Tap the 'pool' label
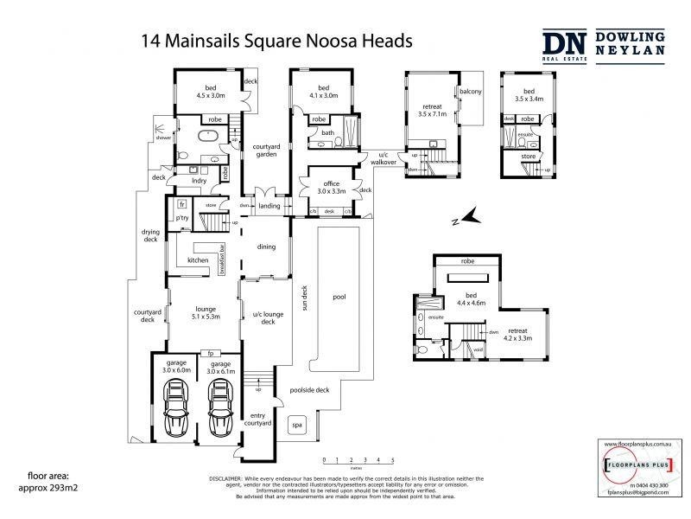[x=339, y=298]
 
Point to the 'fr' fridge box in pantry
[x=182, y=204]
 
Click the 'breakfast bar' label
[x=223, y=259]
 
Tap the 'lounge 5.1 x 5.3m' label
[x=204, y=312]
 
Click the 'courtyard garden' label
[x=265, y=150]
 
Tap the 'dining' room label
[x=265, y=247]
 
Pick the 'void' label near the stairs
[x=478, y=349]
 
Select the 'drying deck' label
[x=151, y=236]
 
